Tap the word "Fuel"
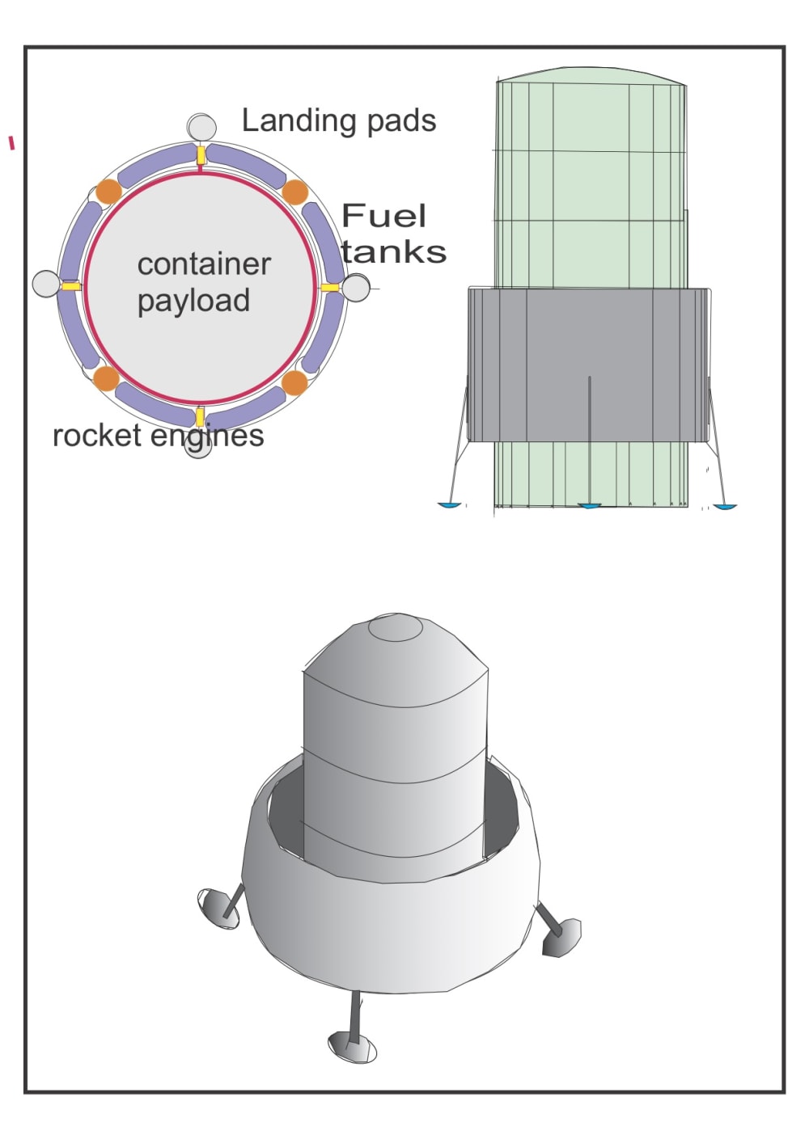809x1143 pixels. [x=383, y=216]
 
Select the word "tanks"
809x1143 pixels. [x=394, y=251]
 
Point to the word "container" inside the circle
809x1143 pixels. [x=204, y=264]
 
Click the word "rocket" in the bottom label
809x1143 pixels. [x=98, y=436]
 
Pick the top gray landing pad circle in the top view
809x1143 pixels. [x=201, y=127]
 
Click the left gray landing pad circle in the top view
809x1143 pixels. [x=46, y=284]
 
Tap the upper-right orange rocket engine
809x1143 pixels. [x=295, y=193]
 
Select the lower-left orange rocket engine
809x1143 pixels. [x=107, y=377]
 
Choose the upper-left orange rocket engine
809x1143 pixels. [x=108, y=192]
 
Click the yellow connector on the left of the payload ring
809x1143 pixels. [x=71, y=286]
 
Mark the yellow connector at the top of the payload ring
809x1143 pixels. [x=201, y=154]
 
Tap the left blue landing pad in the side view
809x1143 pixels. [x=450, y=505]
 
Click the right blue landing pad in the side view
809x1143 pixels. [x=724, y=507]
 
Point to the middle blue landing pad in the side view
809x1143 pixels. [x=589, y=506]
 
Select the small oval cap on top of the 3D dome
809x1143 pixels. [x=396, y=628]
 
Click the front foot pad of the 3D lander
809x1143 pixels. [x=352, y=1048]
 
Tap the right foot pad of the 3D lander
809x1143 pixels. [x=562, y=937]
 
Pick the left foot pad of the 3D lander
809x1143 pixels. [x=218, y=907]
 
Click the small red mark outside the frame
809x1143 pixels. [x=11, y=143]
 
